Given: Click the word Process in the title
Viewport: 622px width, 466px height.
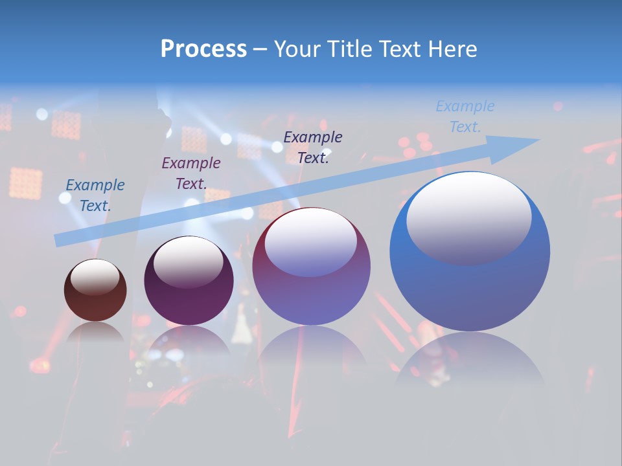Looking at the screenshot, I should tap(203, 49).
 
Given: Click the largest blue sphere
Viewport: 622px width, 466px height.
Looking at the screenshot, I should tap(470, 285).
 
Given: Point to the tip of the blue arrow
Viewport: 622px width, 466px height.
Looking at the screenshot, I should tap(538, 140).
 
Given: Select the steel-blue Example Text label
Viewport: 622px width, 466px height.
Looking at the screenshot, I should tap(95, 195).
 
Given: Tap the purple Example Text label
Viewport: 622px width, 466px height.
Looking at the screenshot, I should tap(190, 173).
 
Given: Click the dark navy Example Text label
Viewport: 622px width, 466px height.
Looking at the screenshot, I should tap(313, 147).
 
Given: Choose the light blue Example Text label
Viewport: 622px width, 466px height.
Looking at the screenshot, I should tap(465, 116).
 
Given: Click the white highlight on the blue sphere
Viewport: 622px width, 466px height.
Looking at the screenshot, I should tap(468, 217).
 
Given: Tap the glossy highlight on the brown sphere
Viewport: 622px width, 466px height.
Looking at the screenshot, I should tap(95, 276).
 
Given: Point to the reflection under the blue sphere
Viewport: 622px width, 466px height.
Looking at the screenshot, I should tap(470, 359).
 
